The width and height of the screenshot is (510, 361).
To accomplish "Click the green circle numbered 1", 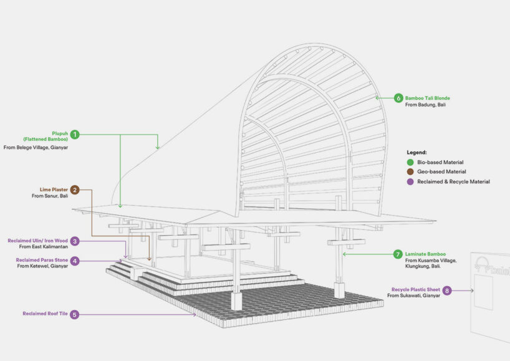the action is (75, 134).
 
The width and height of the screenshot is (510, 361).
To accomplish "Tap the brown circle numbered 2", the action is (75, 190).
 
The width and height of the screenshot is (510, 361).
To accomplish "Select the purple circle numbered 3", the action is (75, 241).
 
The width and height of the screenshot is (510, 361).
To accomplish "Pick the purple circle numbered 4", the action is (75, 261).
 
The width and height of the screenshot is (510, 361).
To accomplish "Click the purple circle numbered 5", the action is (74, 314).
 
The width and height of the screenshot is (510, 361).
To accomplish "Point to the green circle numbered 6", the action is (398, 98).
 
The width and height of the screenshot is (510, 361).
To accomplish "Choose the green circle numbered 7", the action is (398, 254).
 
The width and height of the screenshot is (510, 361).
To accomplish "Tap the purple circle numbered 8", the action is (447, 291).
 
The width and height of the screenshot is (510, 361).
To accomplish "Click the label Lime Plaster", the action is (54, 190).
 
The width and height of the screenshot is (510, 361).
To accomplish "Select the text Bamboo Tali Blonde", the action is (427, 98).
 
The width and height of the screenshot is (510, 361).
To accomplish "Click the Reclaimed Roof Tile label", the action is (46, 314).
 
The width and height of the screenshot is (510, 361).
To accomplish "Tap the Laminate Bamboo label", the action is (425, 254).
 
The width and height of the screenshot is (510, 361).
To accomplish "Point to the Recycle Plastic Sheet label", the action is (416, 289).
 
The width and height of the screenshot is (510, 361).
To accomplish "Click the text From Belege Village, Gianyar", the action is (36, 147).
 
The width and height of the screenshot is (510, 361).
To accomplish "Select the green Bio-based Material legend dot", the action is (410, 162).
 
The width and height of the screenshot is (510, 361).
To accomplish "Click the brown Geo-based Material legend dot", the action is (410, 171).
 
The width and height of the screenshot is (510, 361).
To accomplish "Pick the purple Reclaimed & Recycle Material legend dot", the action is (410, 181).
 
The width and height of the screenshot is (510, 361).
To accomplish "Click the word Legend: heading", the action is (416, 152).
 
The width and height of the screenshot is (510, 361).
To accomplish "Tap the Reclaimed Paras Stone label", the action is (42, 260).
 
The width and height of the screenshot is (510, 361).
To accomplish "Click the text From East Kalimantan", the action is (44, 246).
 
